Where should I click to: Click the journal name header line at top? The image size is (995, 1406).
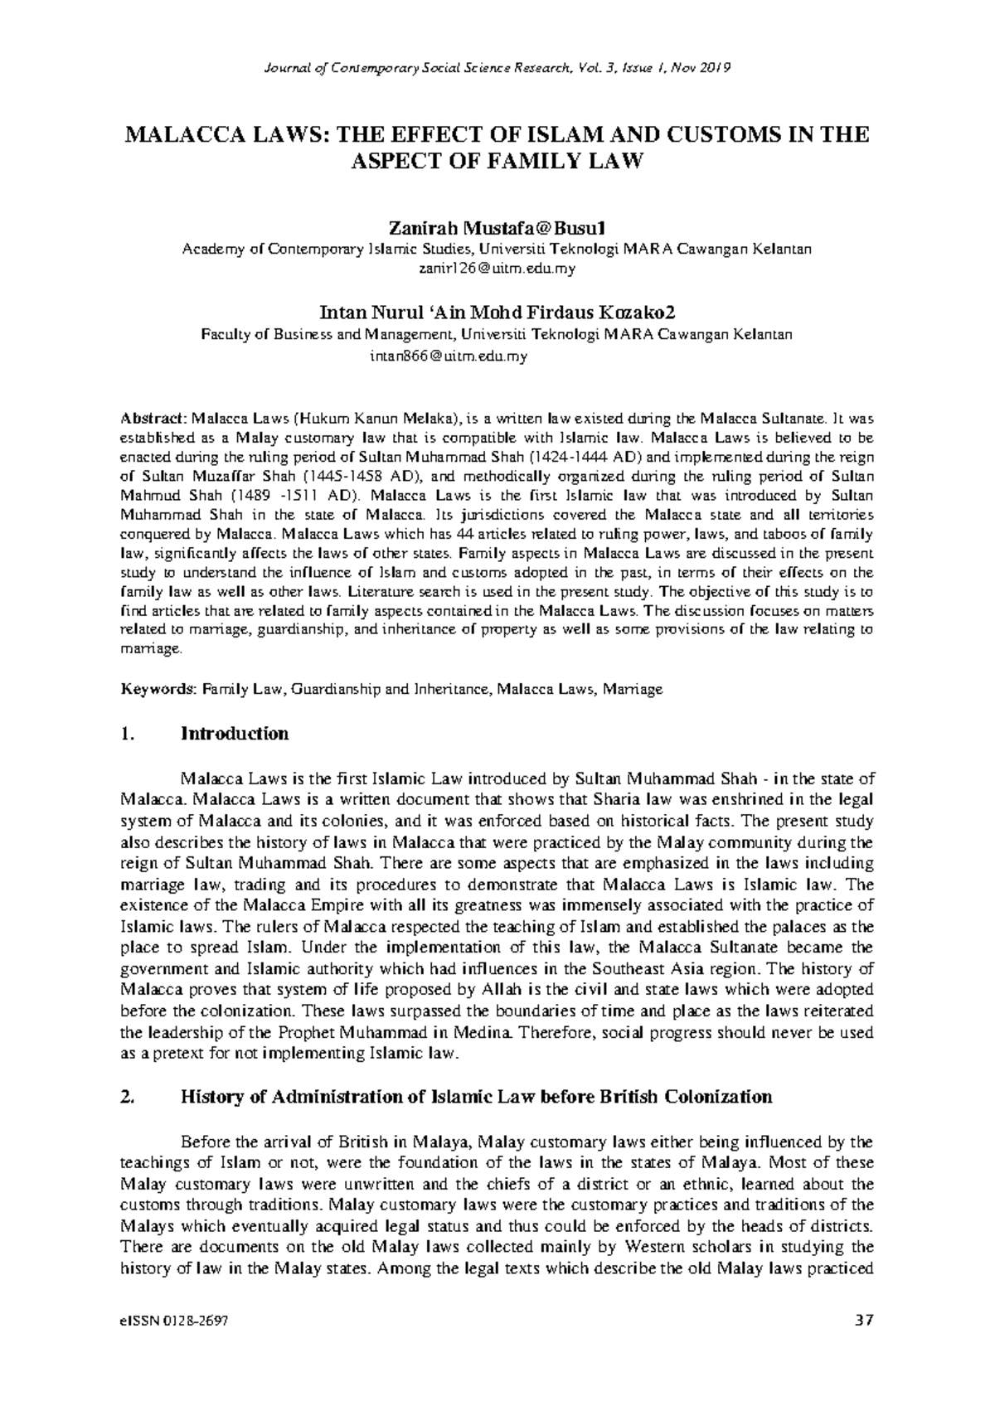coord(498,67)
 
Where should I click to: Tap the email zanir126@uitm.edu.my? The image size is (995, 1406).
coord(497,269)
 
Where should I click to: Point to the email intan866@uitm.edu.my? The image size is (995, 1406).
coord(449,356)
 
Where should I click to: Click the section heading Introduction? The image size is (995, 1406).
coord(235,734)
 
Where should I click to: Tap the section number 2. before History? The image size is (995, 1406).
coord(127,1097)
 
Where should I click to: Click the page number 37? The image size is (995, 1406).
coord(864,1321)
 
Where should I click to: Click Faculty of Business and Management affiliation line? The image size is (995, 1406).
coord(497,335)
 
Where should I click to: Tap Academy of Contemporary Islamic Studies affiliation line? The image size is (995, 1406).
coord(497,249)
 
